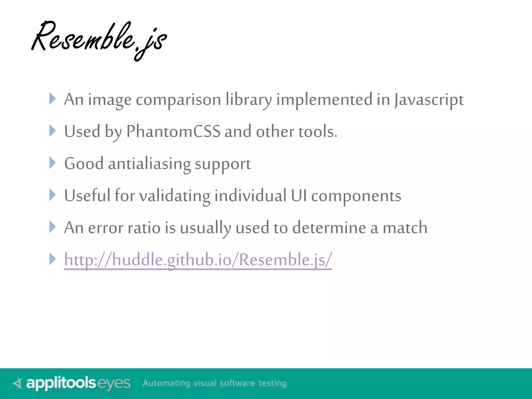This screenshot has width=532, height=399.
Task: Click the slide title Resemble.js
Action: tap(99, 39)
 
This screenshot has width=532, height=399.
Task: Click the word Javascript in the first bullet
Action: tap(429, 100)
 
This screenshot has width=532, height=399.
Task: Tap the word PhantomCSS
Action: tap(173, 131)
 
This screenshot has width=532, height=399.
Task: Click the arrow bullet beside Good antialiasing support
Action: tap(52, 163)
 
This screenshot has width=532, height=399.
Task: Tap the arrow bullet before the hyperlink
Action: tap(52, 259)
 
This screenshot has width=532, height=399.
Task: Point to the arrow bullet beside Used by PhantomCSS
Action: tap(52, 131)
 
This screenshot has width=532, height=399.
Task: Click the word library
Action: tap(249, 100)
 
